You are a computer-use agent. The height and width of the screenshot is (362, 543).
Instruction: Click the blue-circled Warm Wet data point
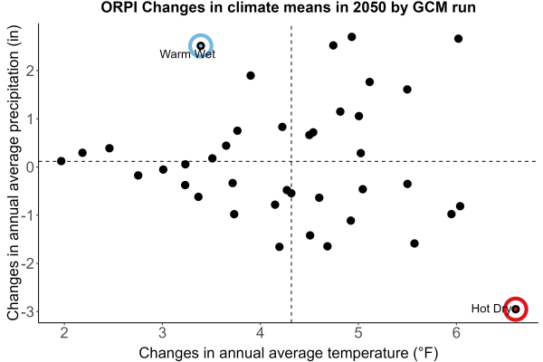click(201, 46)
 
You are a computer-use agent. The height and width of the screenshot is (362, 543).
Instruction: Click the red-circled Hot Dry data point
click(516, 309)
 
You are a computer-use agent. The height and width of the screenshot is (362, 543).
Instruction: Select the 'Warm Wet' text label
click(187, 54)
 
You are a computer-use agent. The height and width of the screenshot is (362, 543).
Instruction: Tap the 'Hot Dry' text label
click(491, 309)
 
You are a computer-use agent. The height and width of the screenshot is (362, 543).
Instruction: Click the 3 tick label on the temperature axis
click(162, 333)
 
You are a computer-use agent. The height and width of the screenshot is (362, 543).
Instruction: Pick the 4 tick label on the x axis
click(260, 333)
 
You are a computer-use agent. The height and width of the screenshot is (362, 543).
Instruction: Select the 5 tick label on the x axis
click(358, 333)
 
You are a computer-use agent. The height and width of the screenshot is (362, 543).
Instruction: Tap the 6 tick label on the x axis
click(456, 333)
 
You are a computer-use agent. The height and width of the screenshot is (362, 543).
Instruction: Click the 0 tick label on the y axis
click(31, 167)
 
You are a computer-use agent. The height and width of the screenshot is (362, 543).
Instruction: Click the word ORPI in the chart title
click(119, 7)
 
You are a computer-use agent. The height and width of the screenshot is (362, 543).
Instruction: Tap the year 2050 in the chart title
click(369, 7)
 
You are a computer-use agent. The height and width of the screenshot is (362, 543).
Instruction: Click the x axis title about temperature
click(289, 353)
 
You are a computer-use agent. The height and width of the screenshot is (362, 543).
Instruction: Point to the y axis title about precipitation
click(14, 173)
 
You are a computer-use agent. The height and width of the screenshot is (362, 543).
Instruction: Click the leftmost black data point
click(62, 161)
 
